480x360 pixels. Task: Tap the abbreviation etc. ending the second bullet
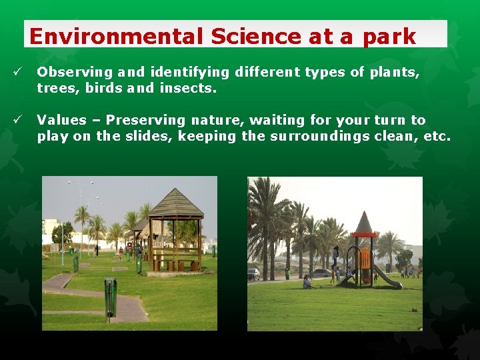(438, 137)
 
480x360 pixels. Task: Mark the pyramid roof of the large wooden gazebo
(175, 203)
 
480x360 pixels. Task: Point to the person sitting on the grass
(307, 282)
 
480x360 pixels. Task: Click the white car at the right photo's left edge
(253, 274)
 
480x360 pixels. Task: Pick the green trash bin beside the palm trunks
(287, 273)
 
